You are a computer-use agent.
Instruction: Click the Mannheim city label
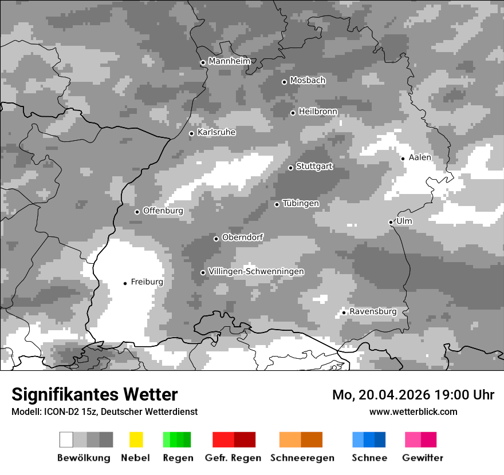tap(230, 61)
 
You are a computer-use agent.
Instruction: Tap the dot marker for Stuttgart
tap(291, 168)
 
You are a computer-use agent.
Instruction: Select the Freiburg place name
tap(147, 282)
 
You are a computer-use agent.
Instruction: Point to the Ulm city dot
tap(391, 222)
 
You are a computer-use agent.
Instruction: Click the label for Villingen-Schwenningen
tap(256, 271)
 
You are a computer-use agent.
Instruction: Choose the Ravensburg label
tap(373, 311)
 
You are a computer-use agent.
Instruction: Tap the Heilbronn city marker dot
tap(293, 113)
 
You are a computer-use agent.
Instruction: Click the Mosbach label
tap(308, 81)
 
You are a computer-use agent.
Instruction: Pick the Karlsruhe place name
tap(216, 132)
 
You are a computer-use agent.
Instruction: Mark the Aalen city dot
tap(403, 159)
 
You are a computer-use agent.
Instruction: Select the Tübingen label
tap(301, 203)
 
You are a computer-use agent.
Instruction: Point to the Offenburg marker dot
tap(137, 212)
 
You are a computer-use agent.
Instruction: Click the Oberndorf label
tap(242, 237)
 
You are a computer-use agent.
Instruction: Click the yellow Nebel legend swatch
tap(136, 440)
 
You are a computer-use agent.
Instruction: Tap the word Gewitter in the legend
tap(423, 458)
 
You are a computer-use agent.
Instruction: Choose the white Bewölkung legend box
tap(66, 440)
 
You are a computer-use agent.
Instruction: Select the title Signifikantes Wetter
tap(94, 394)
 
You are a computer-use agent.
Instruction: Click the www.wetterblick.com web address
tap(413, 411)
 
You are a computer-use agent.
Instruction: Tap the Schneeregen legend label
tap(302, 458)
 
